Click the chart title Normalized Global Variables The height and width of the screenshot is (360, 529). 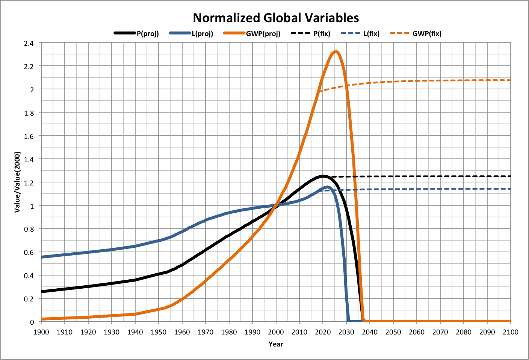[276, 18]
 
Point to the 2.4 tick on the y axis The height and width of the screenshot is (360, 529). [29, 43]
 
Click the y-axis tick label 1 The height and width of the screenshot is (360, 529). [32, 206]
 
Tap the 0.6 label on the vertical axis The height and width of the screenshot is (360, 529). [29, 252]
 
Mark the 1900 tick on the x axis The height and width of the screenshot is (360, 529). [41, 332]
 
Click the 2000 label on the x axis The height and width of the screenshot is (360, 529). [276, 332]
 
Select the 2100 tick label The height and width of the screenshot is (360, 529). [511, 332]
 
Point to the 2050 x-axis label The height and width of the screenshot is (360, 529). [393, 332]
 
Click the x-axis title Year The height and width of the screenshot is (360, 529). [276, 344]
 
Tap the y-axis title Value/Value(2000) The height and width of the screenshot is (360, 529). [17, 182]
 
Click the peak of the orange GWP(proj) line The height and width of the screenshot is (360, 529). [336, 52]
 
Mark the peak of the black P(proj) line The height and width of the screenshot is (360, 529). [322, 176]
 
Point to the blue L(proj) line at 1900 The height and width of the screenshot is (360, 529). [42, 257]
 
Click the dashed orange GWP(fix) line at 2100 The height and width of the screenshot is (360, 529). [510, 80]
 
